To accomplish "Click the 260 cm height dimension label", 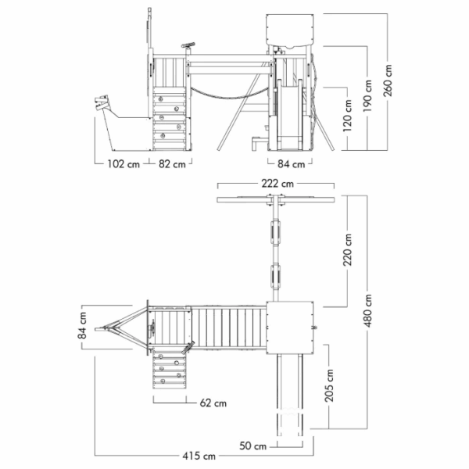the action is (388, 81).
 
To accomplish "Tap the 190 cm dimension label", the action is (367, 95).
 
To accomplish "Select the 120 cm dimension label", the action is (347, 116).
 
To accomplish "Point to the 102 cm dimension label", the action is (124, 164).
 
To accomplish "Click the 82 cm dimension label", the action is (172, 164).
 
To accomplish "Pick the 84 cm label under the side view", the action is (291, 164).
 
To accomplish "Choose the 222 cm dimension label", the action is (277, 184).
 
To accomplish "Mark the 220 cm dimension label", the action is (348, 250).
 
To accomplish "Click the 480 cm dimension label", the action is (368, 310).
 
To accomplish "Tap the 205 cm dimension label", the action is (329, 385).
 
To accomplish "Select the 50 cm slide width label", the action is (252, 446).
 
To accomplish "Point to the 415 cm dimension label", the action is (199, 456).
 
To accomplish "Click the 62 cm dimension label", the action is (213, 403).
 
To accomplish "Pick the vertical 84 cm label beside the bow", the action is (82, 325).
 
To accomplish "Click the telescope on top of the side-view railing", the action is (188, 45).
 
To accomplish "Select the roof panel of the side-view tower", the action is (290, 30).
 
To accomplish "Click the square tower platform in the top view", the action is (290, 328).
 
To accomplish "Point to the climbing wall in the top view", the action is (170, 370).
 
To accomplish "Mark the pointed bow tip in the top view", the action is (96, 329).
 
